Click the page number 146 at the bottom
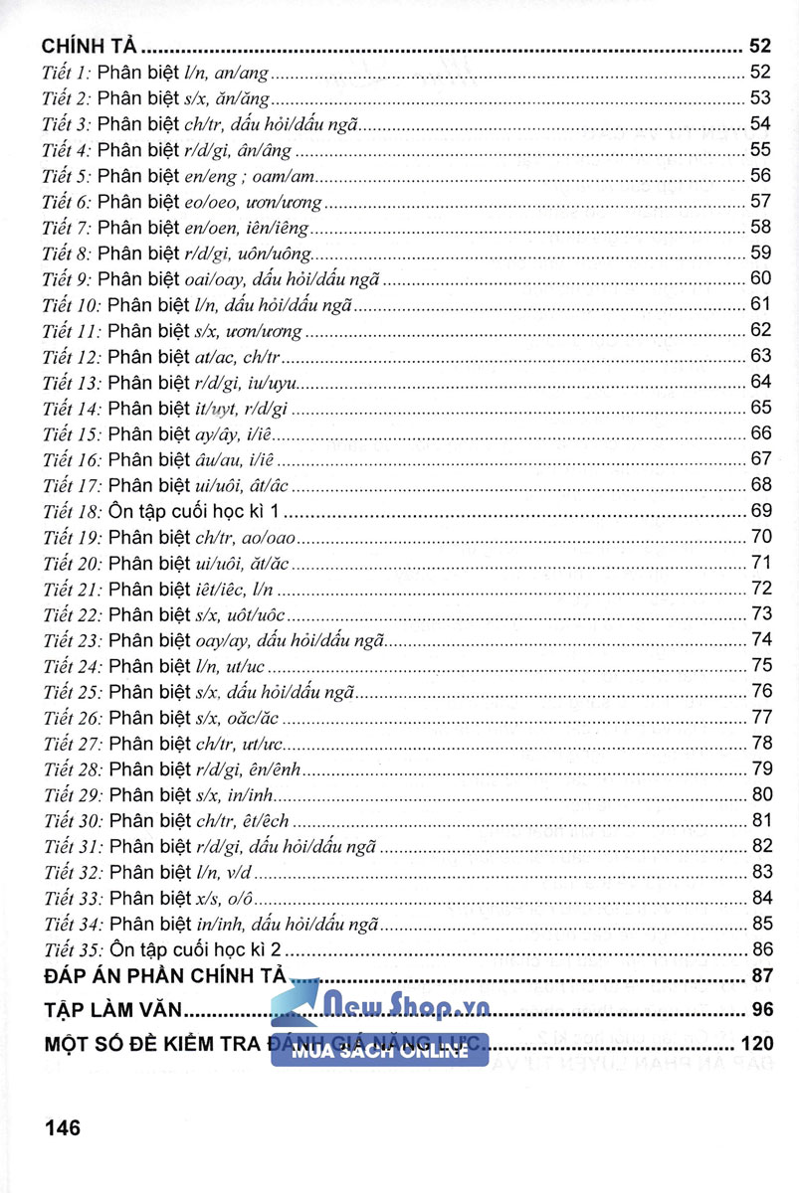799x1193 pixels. pos(62,1127)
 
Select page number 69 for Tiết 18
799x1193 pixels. pos(761,511)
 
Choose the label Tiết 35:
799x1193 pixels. pos(73,948)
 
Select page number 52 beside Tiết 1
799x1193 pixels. pos(761,72)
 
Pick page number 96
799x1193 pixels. pos(761,1012)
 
